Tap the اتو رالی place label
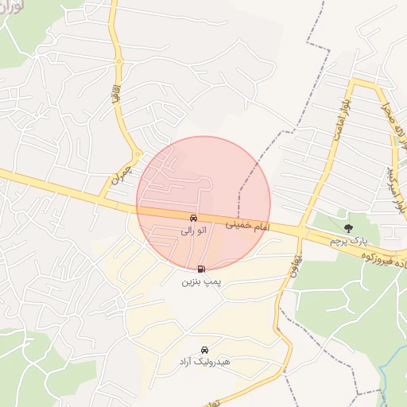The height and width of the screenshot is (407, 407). [x=193, y=231]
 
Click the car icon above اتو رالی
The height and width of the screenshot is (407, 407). [x=193, y=218]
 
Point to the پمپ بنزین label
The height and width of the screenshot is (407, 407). [x=201, y=281]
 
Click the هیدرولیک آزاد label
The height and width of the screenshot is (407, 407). [x=204, y=362]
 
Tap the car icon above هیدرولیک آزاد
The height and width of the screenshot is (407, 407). [x=204, y=350]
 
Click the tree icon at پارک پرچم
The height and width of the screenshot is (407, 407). [x=348, y=228]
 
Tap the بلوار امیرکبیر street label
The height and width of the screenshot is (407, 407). [x=393, y=189]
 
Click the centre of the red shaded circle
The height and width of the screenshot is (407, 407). [x=203, y=203]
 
